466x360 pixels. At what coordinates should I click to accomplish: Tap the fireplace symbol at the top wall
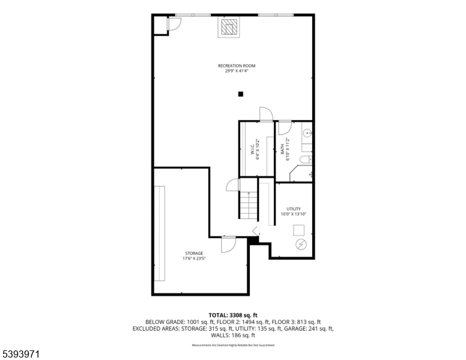pos(228,28)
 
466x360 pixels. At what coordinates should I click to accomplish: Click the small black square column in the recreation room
pos(240,94)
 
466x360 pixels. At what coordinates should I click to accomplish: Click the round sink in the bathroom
pos(307,133)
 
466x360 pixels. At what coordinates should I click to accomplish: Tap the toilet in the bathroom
pos(304,158)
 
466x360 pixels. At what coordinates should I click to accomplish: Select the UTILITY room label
pos(294,209)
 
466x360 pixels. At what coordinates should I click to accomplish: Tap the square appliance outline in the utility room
pos(298,230)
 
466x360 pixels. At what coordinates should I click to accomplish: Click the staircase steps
pos(248,205)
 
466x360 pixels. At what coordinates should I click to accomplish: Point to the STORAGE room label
pos(194,253)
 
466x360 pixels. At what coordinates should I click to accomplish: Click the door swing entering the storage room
pos(228,244)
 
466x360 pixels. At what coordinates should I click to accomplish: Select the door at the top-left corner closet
pos(174,23)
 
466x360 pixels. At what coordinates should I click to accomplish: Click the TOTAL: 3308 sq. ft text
pos(232,315)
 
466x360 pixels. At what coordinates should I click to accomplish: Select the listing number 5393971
pos(21,355)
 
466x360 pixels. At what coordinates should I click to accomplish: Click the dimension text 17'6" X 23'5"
pos(194,259)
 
